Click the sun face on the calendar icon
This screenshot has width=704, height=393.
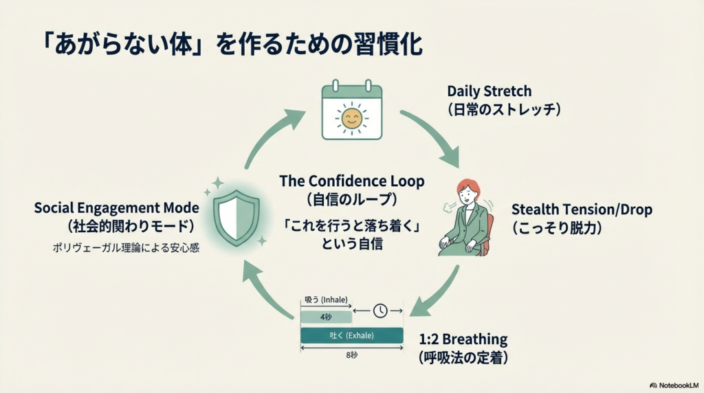351,118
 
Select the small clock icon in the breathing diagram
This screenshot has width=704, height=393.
380,311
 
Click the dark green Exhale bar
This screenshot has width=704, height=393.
352,335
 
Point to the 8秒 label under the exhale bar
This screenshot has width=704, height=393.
352,355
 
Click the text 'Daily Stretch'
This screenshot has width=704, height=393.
489,91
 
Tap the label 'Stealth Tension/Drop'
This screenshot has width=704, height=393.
582,210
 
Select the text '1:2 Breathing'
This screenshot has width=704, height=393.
463,339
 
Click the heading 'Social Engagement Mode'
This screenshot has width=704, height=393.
116,207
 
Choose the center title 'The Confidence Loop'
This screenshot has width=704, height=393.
351,181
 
